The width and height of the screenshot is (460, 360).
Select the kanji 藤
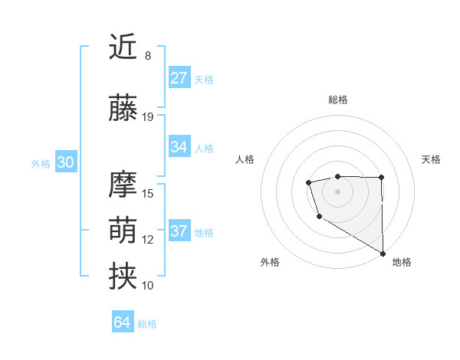click(123, 108)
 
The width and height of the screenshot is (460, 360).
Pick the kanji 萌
click(123, 231)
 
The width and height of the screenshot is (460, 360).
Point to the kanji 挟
click(123, 277)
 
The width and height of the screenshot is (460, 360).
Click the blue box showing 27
click(179, 77)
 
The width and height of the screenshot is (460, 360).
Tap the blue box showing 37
click(179, 231)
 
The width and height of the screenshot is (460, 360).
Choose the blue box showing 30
click(65, 162)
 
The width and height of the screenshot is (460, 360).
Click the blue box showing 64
click(123, 322)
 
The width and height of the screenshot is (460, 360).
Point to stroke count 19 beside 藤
click(148, 117)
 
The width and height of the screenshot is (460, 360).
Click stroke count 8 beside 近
click(148, 56)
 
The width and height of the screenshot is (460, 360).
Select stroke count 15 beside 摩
click(148, 194)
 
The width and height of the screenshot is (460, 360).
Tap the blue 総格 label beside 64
click(147, 324)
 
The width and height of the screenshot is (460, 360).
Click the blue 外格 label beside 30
click(40, 163)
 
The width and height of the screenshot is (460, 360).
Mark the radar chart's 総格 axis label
click(338, 100)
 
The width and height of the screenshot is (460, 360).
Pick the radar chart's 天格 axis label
click(432, 159)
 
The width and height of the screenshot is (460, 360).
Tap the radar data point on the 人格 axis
click(308, 182)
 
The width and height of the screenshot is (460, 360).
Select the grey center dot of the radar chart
click(338, 191)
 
